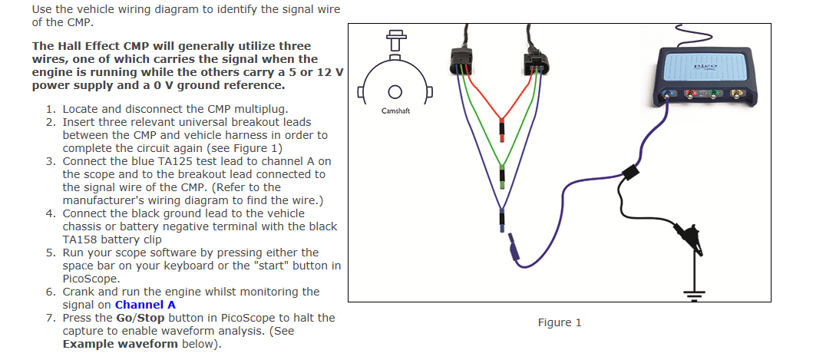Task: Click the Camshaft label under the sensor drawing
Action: click(x=396, y=111)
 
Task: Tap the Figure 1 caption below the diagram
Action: click(x=560, y=322)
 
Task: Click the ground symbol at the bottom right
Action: click(x=694, y=292)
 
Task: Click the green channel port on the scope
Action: click(x=715, y=96)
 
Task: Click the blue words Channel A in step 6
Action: click(x=145, y=305)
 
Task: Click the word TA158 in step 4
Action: click(x=81, y=239)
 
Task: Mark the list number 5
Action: click(x=51, y=253)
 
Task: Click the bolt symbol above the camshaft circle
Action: click(x=396, y=40)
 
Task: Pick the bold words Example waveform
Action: click(x=120, y=344)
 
